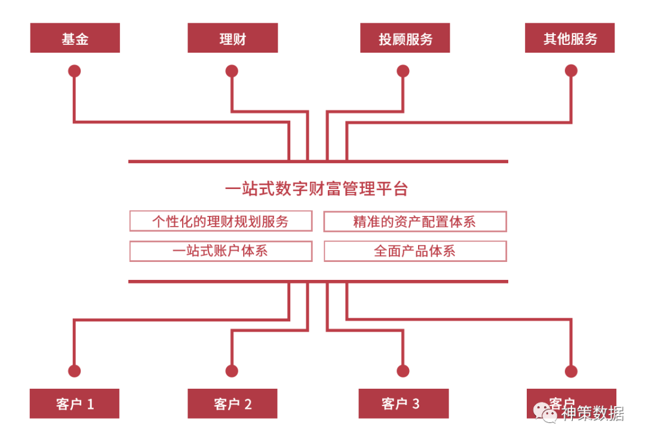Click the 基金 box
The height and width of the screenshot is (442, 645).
point(75,38)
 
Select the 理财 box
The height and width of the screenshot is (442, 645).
point(232,38)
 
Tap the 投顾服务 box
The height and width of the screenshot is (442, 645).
point(405,38)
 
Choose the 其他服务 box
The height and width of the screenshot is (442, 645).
point(570,38)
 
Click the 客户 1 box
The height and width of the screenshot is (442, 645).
point(75,404)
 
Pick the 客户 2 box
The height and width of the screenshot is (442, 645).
point(232,404)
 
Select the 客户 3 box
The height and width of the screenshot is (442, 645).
point(403,403)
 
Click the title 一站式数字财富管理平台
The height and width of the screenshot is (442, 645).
point(317,189)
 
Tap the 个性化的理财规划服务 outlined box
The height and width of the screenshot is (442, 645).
point(220,221)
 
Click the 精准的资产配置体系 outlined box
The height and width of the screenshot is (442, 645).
point(414,221)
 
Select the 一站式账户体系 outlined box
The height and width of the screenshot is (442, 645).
point(220,251)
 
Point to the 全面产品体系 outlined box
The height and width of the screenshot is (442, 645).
point(414,251)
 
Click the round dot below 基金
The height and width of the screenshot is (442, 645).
point(75,71)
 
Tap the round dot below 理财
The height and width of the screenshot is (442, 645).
point(232,71)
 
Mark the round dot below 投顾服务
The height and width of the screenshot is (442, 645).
point(403,71)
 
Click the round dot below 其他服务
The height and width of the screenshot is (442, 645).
point(571,71)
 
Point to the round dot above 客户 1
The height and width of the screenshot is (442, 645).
point(75,371)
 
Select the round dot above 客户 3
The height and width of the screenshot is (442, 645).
point(403,371)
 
